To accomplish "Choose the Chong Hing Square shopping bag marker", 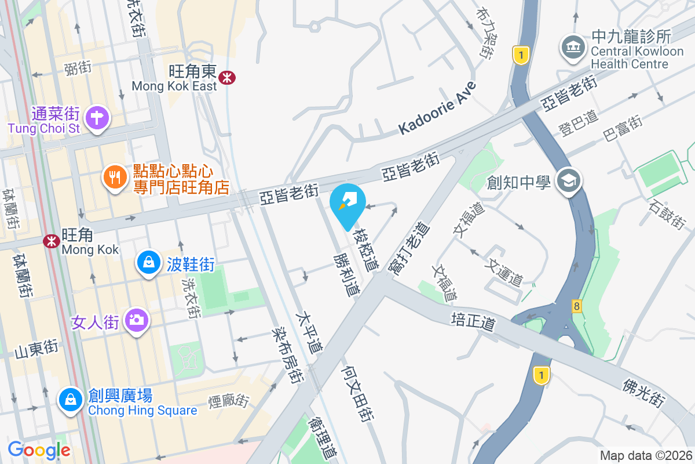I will (x=70, y=400).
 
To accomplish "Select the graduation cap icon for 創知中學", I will (x=568, y=182).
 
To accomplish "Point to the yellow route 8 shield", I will (x=576, y=306).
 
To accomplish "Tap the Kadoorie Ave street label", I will (x=437, y=108).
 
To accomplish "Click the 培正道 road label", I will (x=474, y=321).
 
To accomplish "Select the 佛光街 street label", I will (x=643, y=393).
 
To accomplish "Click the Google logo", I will (x=39, y=449).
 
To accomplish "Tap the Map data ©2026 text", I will (x=646, y=455).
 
